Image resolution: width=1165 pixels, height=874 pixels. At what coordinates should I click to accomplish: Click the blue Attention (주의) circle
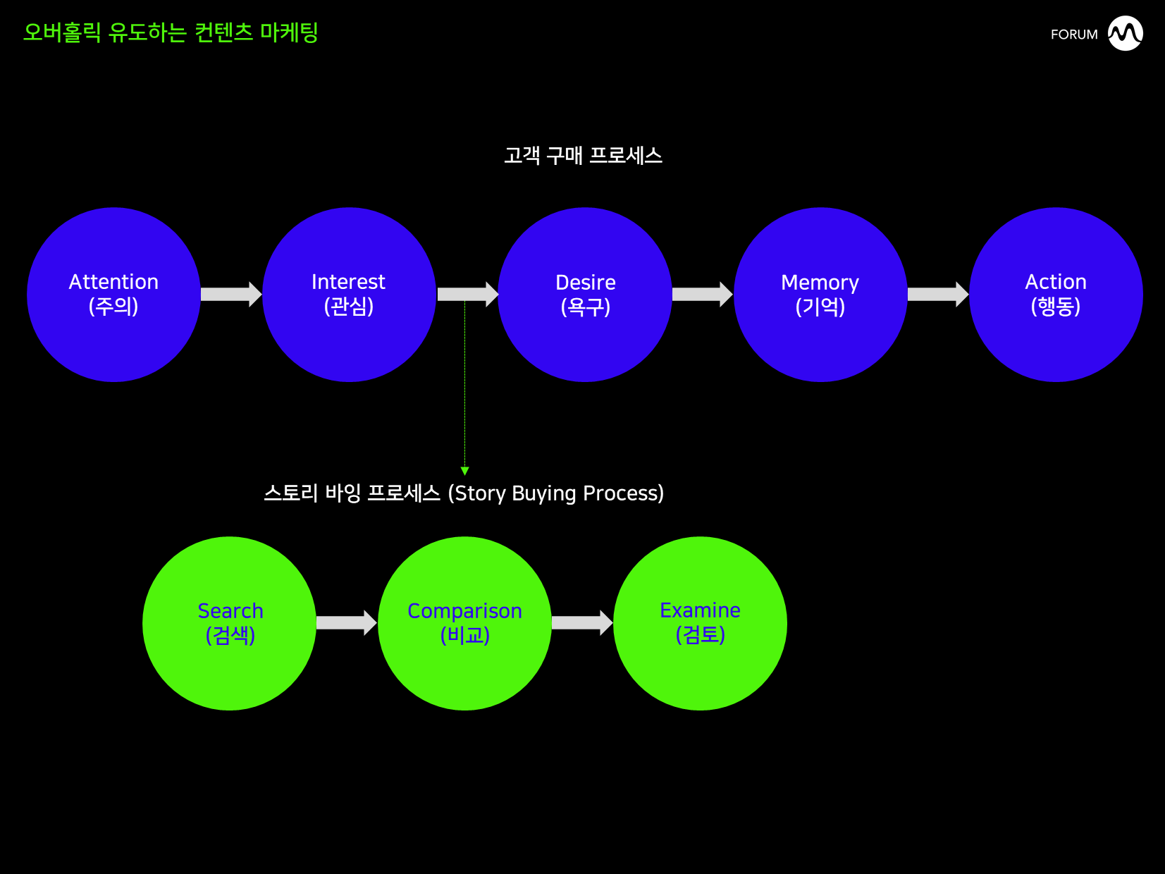113,295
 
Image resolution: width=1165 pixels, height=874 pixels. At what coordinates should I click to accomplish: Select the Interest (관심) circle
349,295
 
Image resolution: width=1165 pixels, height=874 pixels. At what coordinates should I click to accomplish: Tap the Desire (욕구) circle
585,295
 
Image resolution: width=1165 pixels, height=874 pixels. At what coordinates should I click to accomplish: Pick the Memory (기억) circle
820,295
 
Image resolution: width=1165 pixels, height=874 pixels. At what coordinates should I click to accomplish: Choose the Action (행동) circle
1056,295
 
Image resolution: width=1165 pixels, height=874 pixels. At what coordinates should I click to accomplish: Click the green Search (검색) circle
229,624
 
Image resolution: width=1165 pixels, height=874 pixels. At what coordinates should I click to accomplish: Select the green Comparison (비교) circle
465,624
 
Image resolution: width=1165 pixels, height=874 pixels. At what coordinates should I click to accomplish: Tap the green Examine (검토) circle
700,624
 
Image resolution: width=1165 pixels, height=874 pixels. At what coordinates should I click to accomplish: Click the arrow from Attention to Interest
231,294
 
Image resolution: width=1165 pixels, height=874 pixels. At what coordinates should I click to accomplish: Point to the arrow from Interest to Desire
467,294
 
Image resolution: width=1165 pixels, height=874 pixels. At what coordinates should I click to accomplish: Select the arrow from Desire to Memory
703,294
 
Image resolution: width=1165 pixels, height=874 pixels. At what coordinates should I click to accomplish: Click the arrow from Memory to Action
938,294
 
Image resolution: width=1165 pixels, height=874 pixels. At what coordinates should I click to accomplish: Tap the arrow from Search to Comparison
347,623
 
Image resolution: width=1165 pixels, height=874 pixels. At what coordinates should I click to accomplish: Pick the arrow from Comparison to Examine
582,623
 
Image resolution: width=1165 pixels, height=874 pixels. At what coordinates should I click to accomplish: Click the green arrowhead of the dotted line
465,472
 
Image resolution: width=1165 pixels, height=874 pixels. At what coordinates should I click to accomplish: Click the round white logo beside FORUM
1126,33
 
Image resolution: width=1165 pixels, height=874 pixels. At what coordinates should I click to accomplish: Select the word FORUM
1074,35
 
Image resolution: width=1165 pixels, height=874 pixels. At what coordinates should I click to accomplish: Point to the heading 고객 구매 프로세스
584,156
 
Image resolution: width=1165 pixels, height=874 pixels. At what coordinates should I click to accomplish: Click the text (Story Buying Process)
555,493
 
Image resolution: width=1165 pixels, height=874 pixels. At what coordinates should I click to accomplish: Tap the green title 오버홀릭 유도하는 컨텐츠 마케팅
171,32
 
